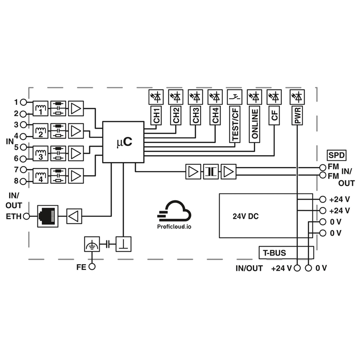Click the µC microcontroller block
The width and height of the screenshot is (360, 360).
pos(123,142)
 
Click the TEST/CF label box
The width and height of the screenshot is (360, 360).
pos(235,124)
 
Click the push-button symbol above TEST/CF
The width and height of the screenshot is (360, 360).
pos(235,96)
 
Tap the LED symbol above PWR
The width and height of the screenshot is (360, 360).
pos(297,96)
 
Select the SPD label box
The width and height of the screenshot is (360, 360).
pos(336,155)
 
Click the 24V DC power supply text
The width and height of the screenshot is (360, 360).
pos(246,216)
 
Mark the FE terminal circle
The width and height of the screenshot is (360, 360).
pos(92,266)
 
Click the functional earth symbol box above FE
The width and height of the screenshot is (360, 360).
pos(92,244)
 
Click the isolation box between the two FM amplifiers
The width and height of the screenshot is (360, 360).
pos(211,171)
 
